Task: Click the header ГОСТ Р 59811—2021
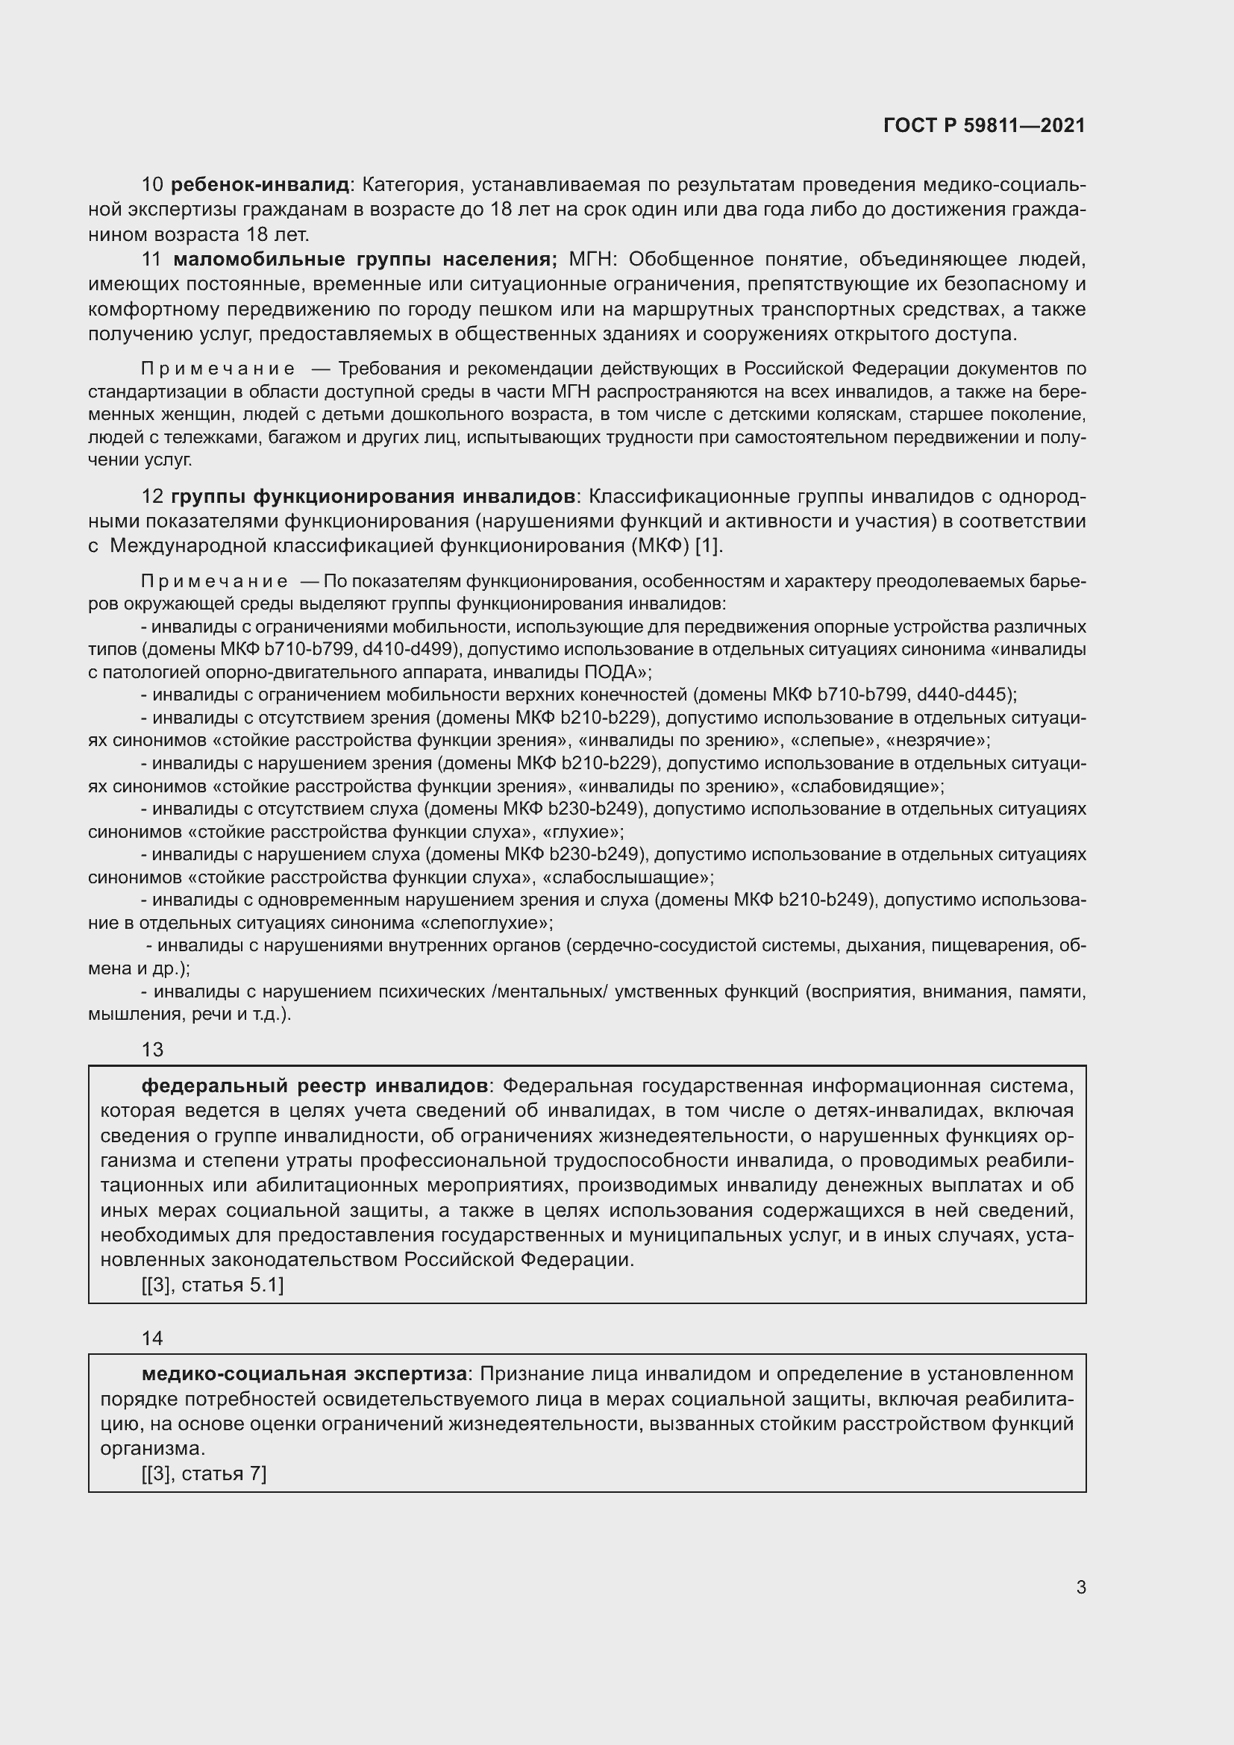[984, 126]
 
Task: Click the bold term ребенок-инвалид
[260, 185]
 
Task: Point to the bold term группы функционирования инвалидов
[373, 496]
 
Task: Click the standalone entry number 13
[152, 1050]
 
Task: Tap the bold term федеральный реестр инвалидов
[315, 1085]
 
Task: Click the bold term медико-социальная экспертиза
[304, 1373]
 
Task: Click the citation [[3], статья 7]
[204, 1473]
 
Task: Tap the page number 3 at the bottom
[1080, 1587]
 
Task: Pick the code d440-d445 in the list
[965, 695]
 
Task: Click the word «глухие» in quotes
[583, 831]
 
